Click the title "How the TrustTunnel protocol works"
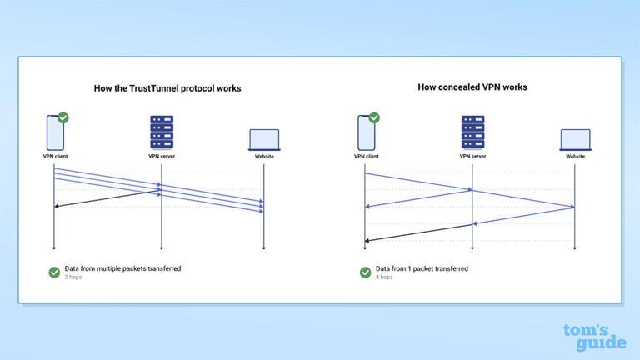pos(167,88)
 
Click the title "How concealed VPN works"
pos(472,87)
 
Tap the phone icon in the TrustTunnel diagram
pos(54,132)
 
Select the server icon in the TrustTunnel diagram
pos(161,132)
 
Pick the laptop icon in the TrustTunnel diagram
pos(264,139)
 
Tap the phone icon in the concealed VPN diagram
pos(366,132)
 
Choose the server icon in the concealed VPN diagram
pos(472,132)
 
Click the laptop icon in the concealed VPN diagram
pos(575,139)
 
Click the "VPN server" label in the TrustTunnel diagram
pos(161,156)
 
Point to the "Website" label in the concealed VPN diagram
pos(575,156)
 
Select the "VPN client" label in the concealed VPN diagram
pos(366,156)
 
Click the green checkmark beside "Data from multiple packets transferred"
pos(54,272)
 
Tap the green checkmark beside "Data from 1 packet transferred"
pos(366,272)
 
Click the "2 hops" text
pos(72,277)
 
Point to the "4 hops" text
pos(384,277)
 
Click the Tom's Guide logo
pos(594,336)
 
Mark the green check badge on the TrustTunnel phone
pos(63,118)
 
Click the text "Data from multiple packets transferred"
pos(122,268)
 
